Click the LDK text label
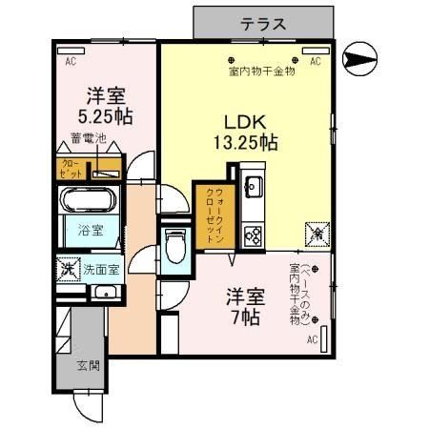point(244,123)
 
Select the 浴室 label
point(92,229)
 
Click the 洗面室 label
point(100,269)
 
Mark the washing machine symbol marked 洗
point(68,270)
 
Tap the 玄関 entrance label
point(89,366)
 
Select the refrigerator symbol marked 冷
point(316,232)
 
